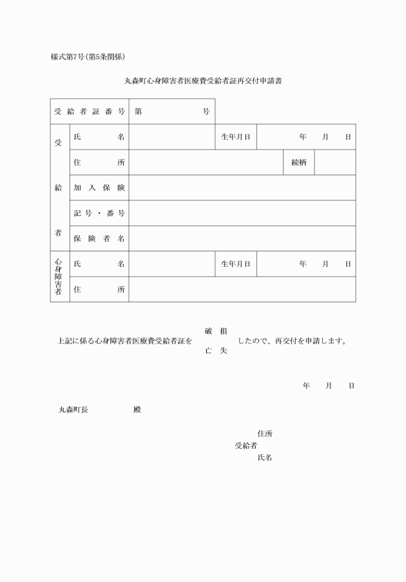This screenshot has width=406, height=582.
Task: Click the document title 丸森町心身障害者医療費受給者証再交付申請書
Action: coord(204,81)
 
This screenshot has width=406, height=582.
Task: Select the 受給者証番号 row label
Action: coord(90,112)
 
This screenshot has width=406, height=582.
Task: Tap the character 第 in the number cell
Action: coord(139,112)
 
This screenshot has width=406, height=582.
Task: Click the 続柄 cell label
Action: coord(298,162)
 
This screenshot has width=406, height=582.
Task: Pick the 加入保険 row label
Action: coord(99,188)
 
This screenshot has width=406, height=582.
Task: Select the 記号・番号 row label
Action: coord(99,213)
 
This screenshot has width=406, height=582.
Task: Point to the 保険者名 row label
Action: coord(99,238)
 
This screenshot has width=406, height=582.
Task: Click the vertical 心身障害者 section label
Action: coord(58,276)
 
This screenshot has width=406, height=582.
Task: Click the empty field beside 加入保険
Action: coord(242,188)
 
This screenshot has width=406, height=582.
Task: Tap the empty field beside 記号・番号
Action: coord(242,213)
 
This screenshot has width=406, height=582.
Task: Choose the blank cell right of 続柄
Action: coord(334,162)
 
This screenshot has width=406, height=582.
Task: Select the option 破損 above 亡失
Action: coord(215,331)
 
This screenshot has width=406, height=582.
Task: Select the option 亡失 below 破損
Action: coord(215,351)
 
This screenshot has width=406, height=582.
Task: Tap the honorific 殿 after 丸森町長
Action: coord(137,409)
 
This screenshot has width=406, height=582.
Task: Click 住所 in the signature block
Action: coord(264,434)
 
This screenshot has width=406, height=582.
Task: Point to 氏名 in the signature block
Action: coord(264,458)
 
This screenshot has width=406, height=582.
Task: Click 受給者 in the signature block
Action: coord(246,445)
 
